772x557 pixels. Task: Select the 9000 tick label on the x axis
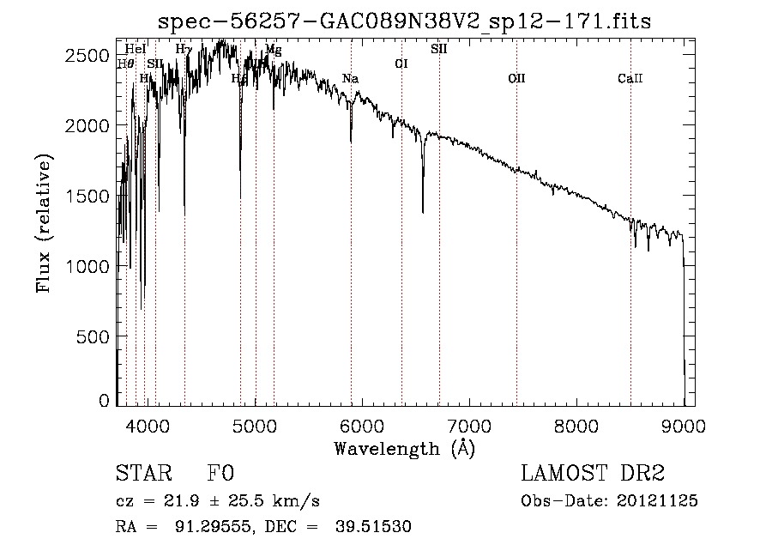coord(684,425)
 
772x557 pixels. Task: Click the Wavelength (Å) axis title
coord(404,448)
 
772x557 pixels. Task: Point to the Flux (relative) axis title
coord(45,223)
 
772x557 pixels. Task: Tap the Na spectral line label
coord(350,79)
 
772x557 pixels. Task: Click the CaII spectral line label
coord(630,79)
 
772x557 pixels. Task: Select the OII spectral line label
coord(516,79)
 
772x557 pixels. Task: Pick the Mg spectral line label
coord(273,50)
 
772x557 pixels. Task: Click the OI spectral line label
coord(401,64)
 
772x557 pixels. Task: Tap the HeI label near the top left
coord(136,49)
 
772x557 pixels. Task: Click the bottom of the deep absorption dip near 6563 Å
coord(423,211)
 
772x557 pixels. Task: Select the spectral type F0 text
coord(220,474)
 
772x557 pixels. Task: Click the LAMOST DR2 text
coord(593,474)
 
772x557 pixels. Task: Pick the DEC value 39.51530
coord(376,527)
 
